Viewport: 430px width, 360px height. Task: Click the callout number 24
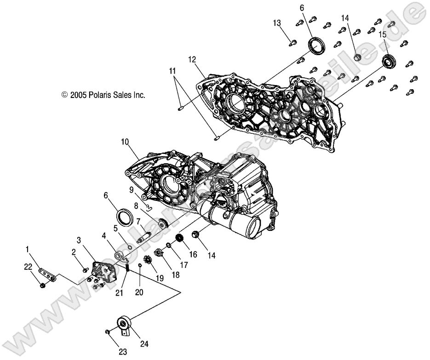pos(144,343)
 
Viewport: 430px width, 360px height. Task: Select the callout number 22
pos(29,267)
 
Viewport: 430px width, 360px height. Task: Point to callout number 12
pos(192,59)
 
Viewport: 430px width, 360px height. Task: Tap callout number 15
pos(383,34)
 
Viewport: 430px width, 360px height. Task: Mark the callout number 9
pos(131,189)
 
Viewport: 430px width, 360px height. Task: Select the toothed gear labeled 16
pos(180,240)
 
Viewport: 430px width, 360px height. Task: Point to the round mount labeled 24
pos(125,324)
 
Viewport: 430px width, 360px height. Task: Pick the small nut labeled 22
pos(42,286)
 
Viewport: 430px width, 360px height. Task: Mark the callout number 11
pos(172,71)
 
